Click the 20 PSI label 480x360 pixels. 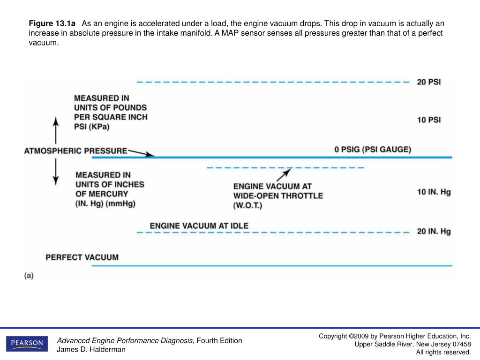(429, 82)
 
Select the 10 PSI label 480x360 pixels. (429, 120)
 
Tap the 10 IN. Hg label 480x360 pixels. (434, 192)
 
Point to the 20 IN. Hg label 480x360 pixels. (434, 232)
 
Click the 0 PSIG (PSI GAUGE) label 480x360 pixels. (373, 150)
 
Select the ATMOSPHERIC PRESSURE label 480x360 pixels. (75, 151)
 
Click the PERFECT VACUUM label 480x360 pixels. (82, 257)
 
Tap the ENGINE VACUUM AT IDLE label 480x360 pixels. (199, 226)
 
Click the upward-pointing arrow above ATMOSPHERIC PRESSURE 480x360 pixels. (56, 130)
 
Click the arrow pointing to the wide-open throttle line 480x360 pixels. (284, 175)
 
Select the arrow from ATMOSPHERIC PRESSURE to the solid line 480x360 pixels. (141, 153)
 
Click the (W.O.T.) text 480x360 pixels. (248, 206)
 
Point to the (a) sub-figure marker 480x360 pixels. (29, 276)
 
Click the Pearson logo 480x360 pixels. (27, 344)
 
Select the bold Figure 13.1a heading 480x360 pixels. (52, 24)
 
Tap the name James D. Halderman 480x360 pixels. (91, 350)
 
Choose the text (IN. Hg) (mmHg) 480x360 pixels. (109, 203)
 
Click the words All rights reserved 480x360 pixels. (443, 352)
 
